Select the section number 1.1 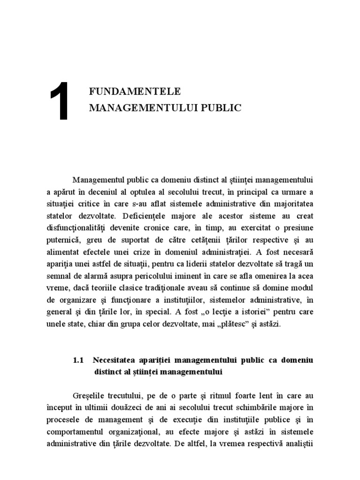78,360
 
